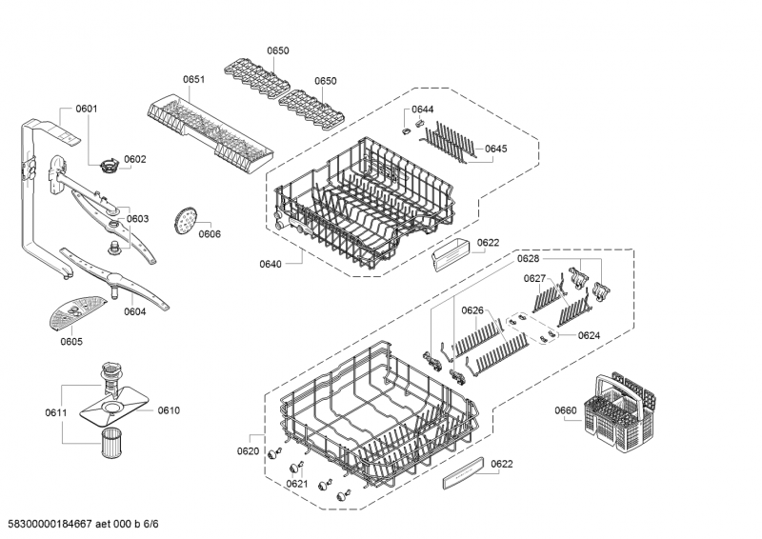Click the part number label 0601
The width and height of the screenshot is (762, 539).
pos(87,109)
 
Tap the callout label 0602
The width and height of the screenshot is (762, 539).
pos(134,159)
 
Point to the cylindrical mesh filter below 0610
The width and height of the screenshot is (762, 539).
pos(112,443)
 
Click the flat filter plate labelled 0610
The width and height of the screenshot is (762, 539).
pos(113,409)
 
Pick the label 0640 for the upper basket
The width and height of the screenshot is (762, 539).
pos(271,264)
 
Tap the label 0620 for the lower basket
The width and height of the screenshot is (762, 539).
pos(248,451)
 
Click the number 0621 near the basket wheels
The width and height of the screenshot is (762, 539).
pos(297,484)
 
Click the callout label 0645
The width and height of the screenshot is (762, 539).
pos(495,149)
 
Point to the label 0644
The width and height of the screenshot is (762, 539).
pos(422,110)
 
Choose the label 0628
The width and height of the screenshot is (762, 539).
pos(528,259)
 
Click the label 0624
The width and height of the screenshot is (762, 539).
pos(589,335)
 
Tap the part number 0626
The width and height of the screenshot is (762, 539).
pos(472,310)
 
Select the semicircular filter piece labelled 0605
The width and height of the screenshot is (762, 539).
pos(77,312)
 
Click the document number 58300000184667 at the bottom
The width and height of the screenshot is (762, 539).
pos(50,524)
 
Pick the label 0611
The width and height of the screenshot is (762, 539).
pos(56,412)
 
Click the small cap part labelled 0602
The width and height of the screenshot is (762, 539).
pos(109,166)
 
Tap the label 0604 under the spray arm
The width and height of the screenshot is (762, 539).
pos(134,311)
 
